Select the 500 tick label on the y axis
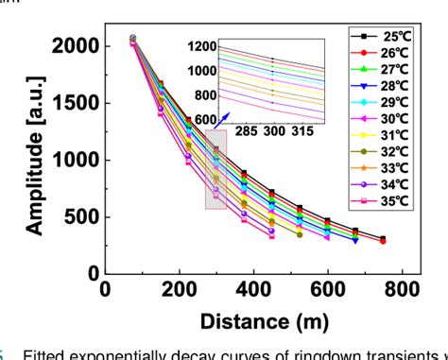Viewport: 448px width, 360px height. (x=76, y=216)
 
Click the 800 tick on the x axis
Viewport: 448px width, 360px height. (x=401, y=289)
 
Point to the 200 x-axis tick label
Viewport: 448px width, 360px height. (x=179, y=289)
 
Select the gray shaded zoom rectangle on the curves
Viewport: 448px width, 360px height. (x=215, y=169)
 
